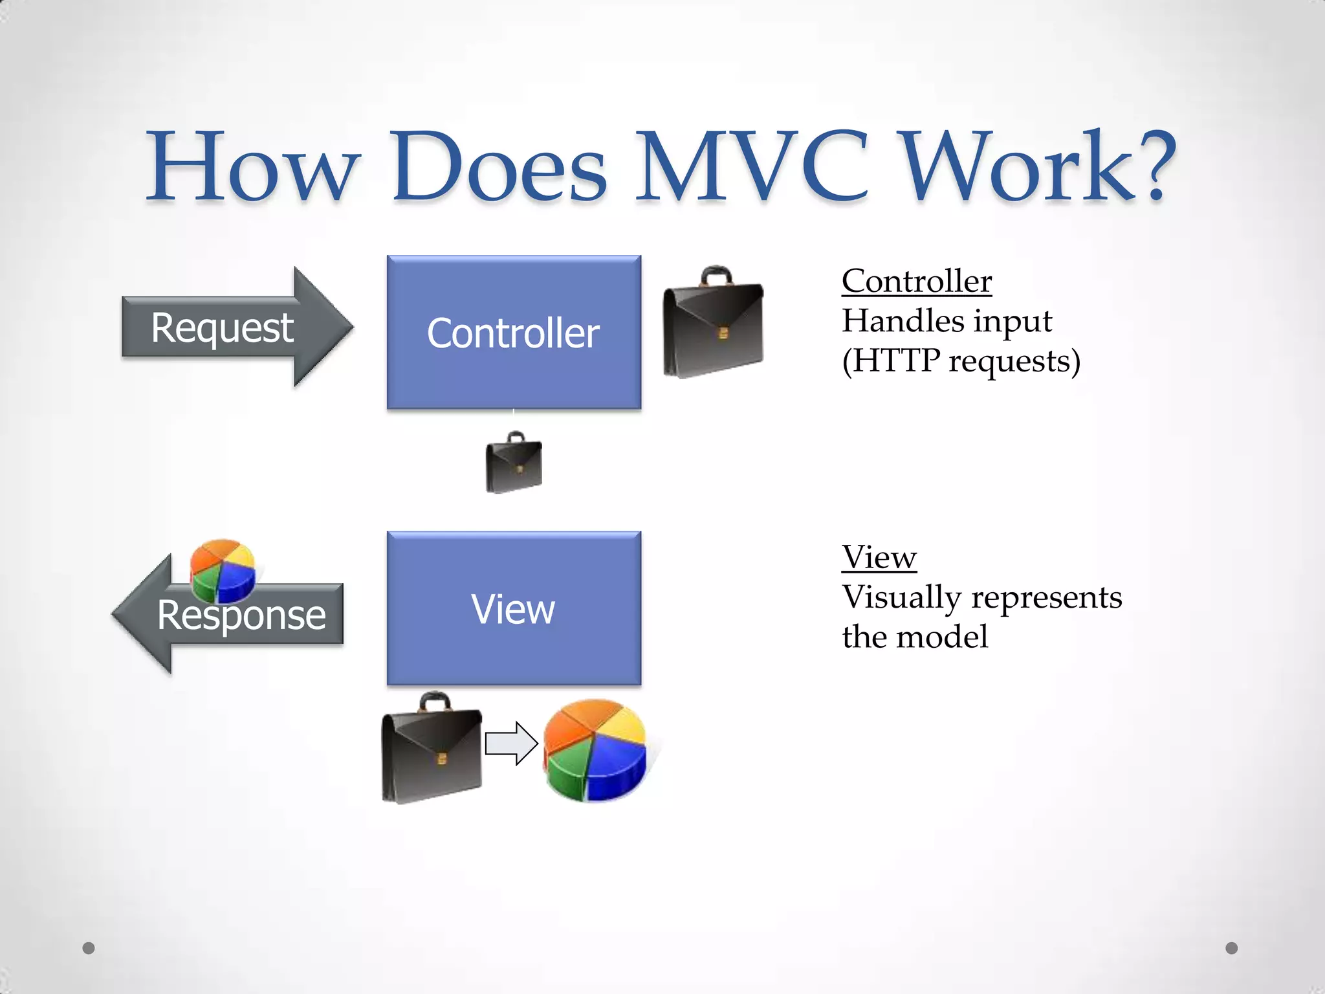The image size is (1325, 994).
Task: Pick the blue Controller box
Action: click(x=514, y=333)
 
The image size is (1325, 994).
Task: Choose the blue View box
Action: click(x=514, y=608)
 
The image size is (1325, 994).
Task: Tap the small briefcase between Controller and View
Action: click(x=514, y=463)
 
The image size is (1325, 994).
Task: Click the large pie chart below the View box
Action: click(x=595, y=751)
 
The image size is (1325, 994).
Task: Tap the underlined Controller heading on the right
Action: click(x=916, y=281)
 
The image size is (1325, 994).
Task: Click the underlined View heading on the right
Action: click(x=879, y=557)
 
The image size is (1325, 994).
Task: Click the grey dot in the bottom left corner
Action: click(x=89, y=948)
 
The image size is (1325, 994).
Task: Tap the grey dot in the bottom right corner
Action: click(x=1232, y=948)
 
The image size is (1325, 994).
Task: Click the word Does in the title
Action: click(x=499, y=167)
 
